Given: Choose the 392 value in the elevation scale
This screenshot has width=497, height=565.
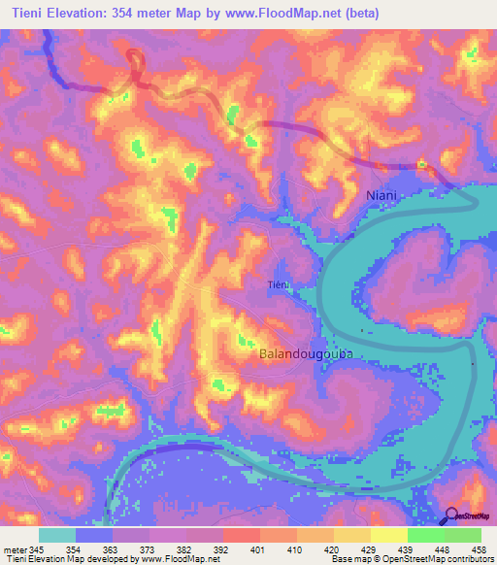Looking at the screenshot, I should (222, 548).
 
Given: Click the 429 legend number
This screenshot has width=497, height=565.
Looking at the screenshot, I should (367, 548).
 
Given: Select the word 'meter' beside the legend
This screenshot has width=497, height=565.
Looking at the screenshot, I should (16, 548).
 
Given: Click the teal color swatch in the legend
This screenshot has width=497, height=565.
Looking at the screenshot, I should (57, 535).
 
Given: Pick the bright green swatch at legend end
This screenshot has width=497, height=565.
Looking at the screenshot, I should (462, 535).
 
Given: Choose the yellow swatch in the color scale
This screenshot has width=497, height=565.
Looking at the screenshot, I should (388, 535).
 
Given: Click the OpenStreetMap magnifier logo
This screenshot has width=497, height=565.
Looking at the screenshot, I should (450, 515).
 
